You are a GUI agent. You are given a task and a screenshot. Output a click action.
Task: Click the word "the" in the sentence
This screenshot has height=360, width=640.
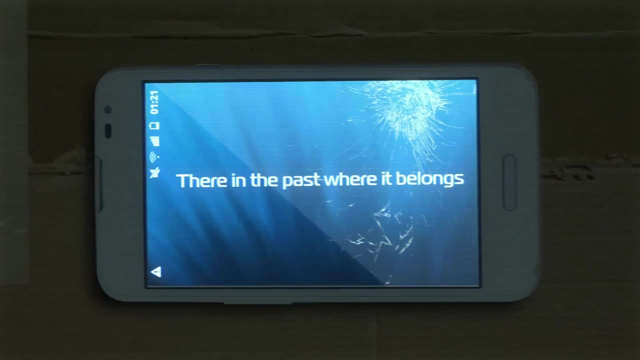pyautogui.click(x=263, y=180)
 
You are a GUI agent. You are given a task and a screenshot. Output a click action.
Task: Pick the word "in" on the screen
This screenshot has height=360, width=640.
pyautogui.click(x=238, y=180)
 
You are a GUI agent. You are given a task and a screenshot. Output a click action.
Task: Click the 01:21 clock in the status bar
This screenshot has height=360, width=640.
pyautogui.click(x=154, y=102)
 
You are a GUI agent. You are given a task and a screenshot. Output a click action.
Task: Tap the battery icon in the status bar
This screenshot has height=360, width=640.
pyautogui.click(x=154, y=125)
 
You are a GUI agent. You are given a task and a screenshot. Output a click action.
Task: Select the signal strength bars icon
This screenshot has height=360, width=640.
pyautogui.click(x=154, y=141)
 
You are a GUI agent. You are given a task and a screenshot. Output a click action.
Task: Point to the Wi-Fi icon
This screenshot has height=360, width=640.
pyautogui.click(x=154, y=156)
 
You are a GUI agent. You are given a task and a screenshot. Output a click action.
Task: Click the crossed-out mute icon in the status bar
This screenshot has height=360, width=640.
pyautogui.click(x=154, y=173)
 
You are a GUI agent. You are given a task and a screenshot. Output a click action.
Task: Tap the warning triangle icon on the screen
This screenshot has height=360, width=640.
pyautogui.click(x=156, y=272)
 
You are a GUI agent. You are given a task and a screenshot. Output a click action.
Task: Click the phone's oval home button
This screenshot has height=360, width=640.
pyautogui.click(x=509, y=182)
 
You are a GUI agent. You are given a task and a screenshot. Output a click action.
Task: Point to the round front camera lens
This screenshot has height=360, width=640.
pyautogui.click(x=107, y=109)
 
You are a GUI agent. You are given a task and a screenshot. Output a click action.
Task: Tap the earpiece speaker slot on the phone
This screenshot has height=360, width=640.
pyautogui.click(x=108, y=131)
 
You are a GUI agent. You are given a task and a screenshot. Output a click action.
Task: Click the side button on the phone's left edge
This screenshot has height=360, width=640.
pyautogui.click(x=100, y=185)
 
